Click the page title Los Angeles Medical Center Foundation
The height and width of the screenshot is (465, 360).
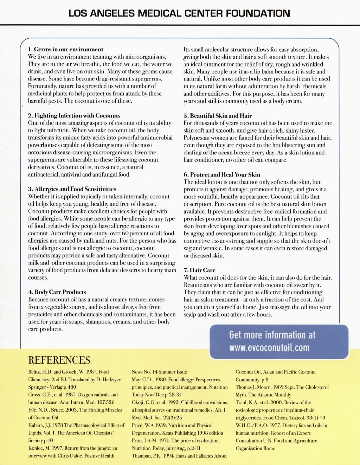point(179,14)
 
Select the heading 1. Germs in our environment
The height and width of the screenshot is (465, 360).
point(66,49)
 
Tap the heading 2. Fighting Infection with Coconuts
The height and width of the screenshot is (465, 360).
point(74,115)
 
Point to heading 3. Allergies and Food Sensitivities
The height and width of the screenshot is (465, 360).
point(72,189)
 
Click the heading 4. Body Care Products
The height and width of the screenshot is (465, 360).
point(57,292)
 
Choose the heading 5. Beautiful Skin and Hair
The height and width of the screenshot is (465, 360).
point(218,116)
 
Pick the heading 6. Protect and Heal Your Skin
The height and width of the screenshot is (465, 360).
point(222,174)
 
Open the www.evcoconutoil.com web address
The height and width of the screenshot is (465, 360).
point(269,348)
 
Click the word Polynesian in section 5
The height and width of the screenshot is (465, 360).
point(198,138)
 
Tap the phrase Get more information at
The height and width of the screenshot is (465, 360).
point(272,335)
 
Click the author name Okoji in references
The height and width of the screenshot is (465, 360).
point(140,402)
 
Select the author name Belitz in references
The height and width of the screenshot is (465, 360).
point(35,372)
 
